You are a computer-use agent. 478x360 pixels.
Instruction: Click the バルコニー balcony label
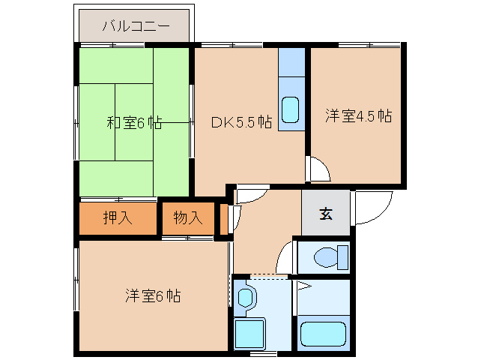click(x=136, y=26)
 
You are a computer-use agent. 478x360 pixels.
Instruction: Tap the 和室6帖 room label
click(x=134, y=123)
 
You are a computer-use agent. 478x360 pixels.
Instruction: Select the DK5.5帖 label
click(x=241, y=122)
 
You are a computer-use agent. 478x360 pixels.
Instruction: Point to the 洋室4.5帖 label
click(x=358, y=116)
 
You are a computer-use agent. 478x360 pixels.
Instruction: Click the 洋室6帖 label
click(x=153, y=295)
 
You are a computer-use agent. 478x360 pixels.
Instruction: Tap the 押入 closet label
click(x=118, y=217)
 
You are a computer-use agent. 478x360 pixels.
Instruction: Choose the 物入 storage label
click(x=188, y=217)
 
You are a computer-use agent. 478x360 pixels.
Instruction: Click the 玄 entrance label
click(x=326, y=214)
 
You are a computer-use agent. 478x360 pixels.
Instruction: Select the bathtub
click(x=323, y=334)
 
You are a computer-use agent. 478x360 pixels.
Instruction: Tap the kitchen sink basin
click(x=290, y=109)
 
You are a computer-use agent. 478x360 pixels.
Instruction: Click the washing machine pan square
click(x=249, y=333)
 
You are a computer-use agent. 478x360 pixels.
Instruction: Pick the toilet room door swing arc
click(x=281, y=253)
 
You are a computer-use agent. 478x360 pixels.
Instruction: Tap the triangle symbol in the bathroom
click(x=304, y=286)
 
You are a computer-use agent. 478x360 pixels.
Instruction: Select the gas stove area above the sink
click(x=291, y=62)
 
